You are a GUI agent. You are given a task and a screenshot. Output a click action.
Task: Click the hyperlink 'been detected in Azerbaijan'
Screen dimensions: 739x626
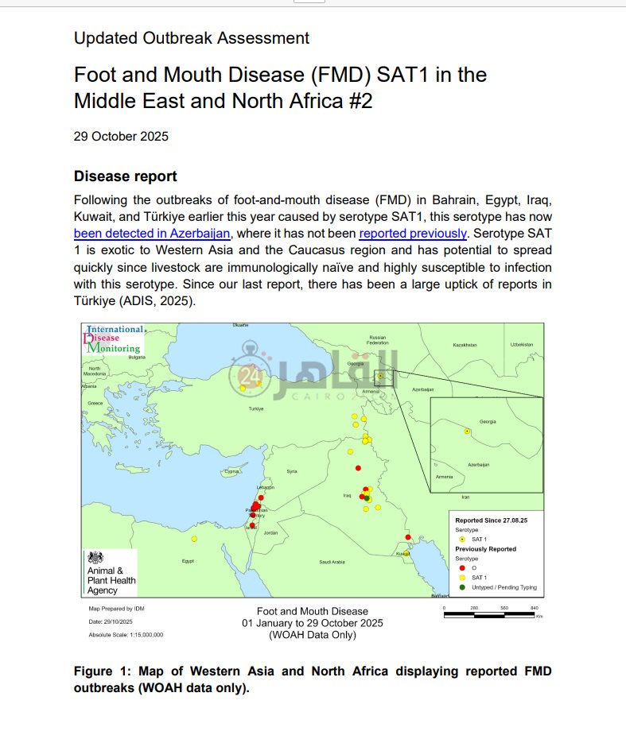tap(152, 234)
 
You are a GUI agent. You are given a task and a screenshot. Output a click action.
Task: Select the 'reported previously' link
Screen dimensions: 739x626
tap(413, 234)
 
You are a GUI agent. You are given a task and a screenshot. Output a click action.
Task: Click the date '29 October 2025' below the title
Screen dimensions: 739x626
tap(121, 136)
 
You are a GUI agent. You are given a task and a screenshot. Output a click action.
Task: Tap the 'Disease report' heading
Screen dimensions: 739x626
tap(125, 176)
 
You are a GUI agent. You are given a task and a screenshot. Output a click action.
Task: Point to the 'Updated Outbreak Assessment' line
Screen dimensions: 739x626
tap(191, 37)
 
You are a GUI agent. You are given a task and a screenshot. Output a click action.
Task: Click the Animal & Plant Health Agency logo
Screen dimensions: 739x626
tap(111, 572)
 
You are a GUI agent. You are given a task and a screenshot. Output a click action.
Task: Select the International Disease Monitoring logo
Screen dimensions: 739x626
tap(113, 339)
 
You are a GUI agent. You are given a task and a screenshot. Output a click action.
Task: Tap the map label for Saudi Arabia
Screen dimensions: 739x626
tap(332, 562)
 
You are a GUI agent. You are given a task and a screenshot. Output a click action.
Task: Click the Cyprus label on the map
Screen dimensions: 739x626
tap(231, 471)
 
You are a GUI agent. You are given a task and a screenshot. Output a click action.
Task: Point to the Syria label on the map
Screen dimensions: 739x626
tap(292, 471)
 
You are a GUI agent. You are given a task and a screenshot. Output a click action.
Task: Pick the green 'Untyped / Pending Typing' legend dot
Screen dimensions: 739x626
tap(463, 587)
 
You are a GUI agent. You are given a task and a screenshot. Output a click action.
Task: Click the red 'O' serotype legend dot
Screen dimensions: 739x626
tap(463, 568)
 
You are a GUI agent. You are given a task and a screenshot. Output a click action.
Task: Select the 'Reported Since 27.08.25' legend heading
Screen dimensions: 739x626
tap(491, 520)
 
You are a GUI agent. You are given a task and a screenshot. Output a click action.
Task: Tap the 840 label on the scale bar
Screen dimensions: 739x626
tap(534, 608)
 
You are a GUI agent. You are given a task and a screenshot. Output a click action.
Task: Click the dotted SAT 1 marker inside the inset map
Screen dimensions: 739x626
tap(467, 431)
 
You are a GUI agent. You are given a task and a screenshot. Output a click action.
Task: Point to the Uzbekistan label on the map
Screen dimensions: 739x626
tap(522, 344)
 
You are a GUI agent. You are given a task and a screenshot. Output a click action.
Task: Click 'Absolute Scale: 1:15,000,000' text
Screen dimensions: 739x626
tap(126, 635)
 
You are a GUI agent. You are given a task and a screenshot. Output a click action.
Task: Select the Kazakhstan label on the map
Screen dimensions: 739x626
tap(465, 345)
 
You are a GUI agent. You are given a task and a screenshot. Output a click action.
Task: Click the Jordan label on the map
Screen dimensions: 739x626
tap(271, 532)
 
